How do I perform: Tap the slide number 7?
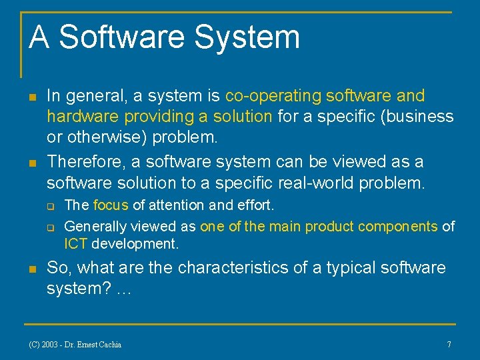[x=449, y=345]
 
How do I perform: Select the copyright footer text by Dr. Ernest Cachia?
[x=75, y=345]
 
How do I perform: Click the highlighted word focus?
[x=111, y=205]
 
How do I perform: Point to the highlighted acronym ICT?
[x=76, y=244]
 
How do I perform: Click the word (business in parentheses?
[x=415, y=116]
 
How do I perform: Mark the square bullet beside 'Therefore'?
[x=31, y=162]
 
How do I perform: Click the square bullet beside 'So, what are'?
[x=31, y=269]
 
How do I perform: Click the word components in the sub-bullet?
[x=398, y=226]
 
